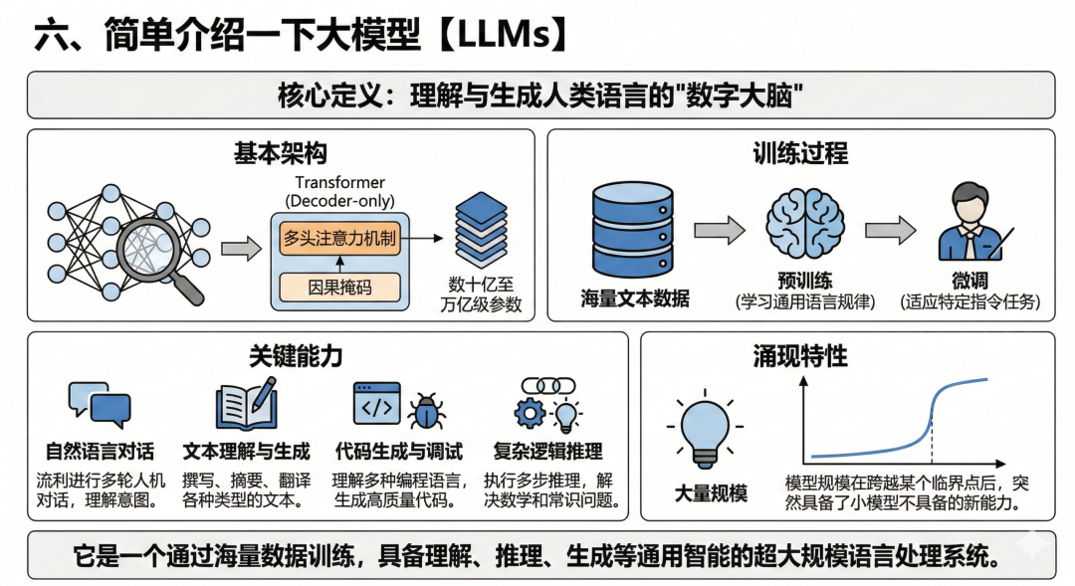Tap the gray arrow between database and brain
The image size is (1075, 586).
[719, 230]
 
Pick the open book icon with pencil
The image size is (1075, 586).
[245, 404]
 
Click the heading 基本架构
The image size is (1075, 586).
[280, 153]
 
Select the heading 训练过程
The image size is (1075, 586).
[800, 153]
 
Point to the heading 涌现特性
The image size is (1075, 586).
[800, 355]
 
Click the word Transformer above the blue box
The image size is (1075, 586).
[339, 183]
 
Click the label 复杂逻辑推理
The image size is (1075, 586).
[547, 452]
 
